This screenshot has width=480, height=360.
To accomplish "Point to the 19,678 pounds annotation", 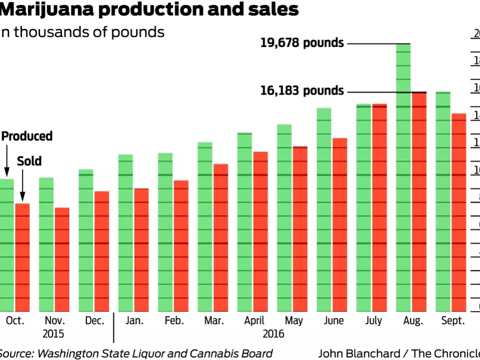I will click(302, 43).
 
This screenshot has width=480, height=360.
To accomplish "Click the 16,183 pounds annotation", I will click(302, 91).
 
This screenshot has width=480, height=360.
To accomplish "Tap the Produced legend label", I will click(27, 136).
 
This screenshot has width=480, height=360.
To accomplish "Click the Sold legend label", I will click(29, 161).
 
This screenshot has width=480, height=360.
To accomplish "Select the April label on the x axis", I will click(254, 321).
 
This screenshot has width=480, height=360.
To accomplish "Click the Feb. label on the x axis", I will click(174, 321).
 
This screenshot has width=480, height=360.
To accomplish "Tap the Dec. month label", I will click(94, 321).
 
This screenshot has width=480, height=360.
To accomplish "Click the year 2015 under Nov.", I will click(54, 334).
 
